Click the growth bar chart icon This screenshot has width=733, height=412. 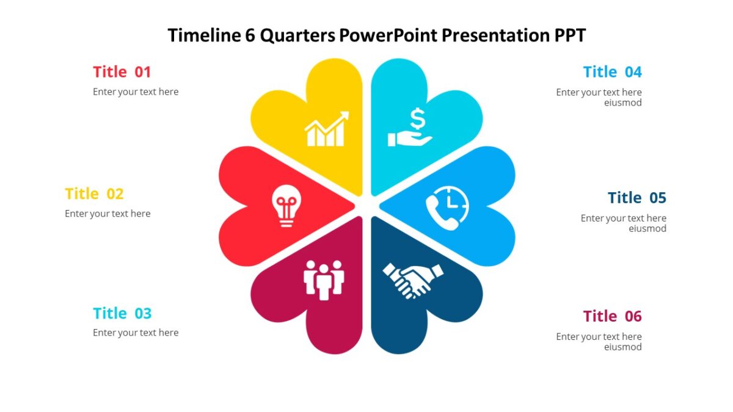(x=327, y=129)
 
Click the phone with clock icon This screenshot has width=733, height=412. (x=447, y=208)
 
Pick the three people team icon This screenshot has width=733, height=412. (x=324, y=280)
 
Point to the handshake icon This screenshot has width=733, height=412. (x=413, y=280)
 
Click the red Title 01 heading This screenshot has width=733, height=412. (x=122, y=72)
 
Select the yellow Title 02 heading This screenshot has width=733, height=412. (x=94, y=194)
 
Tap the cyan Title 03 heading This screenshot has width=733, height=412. (x=122, y=314)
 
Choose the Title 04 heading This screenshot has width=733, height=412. (x=612, y=72)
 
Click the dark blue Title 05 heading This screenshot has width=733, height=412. (x=636, y=198)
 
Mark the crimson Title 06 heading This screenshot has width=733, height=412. (x=612, y=316)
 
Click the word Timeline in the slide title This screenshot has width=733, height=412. (x=205, y=35)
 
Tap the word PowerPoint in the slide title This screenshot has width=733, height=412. (x=388, y=35)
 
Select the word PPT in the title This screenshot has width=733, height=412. (x=569, y=35)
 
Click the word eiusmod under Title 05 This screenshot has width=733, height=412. (x=647, y=229)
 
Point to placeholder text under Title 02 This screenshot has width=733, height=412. (x=108, y=214)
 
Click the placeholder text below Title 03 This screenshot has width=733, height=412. (x=136, y=333)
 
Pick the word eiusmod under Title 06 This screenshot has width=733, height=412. (x=623, y=347)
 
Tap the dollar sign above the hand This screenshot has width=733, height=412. (x=417, y=118)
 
